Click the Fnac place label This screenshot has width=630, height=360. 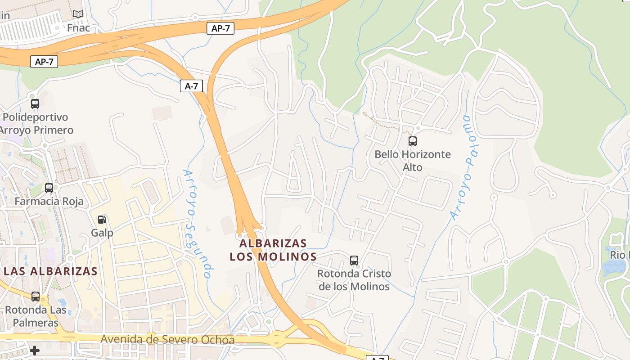point(78,28)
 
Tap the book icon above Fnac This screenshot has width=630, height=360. point(78,14)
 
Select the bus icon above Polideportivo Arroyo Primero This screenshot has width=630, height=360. point(35,104)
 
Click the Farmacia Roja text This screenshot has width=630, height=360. point(49,201)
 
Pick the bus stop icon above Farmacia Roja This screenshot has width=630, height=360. point(49,188)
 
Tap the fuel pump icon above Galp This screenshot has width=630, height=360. point(102,220)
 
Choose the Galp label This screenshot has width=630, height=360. point(102,233)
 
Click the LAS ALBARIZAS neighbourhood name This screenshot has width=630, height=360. point(50,271)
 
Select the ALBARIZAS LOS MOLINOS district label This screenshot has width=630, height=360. point(273,250)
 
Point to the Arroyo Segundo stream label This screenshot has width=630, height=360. point(197,224)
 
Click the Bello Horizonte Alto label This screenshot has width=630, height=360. point(412,161)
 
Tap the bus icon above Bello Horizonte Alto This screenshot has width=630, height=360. point(412,141)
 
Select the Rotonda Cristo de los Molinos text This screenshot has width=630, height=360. point(354,280)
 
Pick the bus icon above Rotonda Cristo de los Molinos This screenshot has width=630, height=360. point(354,260)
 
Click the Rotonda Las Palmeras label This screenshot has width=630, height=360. point(36,316)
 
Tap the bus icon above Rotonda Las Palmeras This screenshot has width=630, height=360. point(36,297)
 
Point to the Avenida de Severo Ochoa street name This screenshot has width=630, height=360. point(167,340)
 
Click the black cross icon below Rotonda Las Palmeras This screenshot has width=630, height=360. point(35,351)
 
